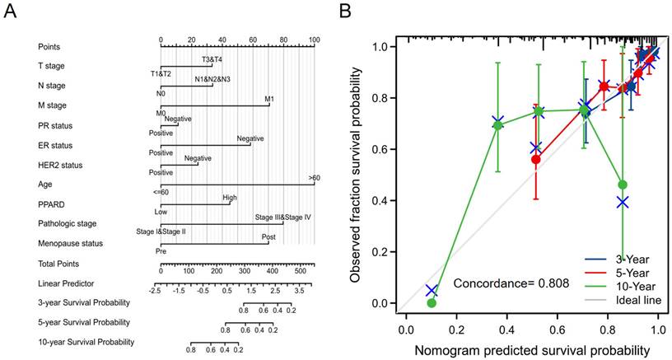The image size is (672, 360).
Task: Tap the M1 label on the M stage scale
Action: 268,98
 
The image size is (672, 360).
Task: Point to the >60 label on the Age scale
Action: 314,177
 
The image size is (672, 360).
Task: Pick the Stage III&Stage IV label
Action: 282,217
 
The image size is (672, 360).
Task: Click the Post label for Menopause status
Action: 268,236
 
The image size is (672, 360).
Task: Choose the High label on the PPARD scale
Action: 229,198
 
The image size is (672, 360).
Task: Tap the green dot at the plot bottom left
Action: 432,303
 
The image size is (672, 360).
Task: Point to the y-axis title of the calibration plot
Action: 356,175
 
